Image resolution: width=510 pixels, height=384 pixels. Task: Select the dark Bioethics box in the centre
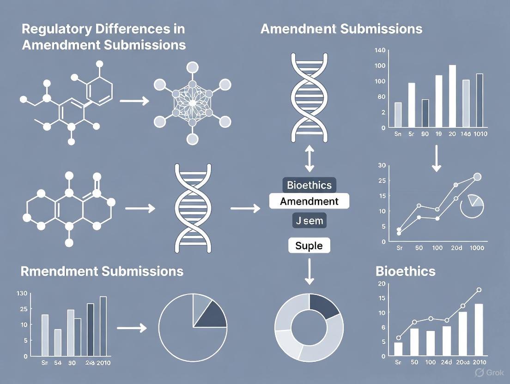309,185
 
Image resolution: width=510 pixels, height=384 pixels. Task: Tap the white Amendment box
309,201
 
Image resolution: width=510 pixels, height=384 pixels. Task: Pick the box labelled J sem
309,221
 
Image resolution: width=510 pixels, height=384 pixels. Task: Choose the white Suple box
309,245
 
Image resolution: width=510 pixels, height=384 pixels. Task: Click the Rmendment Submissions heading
102,271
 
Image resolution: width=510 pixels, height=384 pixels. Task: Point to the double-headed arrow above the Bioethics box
309,160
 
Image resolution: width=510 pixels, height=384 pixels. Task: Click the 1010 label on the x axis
478,134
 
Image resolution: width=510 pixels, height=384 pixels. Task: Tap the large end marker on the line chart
477,176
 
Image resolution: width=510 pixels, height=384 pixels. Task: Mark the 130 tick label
22,293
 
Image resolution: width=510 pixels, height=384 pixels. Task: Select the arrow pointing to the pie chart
132,328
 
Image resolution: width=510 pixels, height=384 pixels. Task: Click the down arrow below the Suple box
309,272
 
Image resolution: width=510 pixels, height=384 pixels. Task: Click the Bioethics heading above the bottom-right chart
405,271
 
